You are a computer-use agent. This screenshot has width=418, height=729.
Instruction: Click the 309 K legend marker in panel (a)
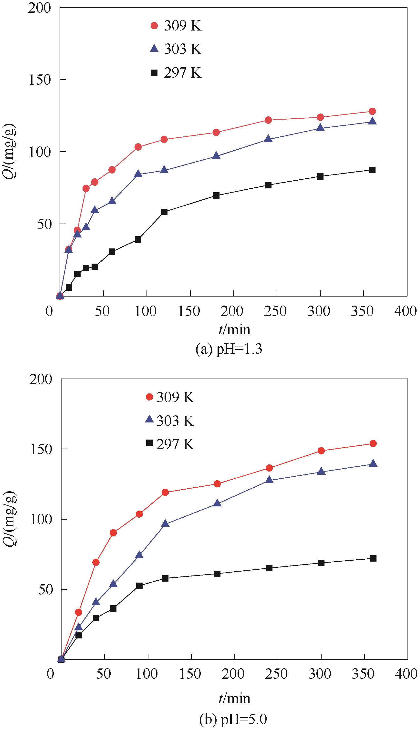[x=155, y=26]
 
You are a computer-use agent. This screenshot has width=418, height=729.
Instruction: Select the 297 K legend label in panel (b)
[x=175, y=444]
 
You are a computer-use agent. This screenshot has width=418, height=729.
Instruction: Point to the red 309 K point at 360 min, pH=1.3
[x=372, y=111]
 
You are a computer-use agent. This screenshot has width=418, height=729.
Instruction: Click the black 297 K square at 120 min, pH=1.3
[x=164, y=212]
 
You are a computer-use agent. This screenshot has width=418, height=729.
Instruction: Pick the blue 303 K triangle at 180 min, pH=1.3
[x=217, y=156]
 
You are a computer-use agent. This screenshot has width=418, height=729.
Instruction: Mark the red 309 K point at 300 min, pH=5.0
[x=321, y=451]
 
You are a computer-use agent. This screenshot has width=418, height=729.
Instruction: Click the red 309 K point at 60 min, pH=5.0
[x=113, y=533]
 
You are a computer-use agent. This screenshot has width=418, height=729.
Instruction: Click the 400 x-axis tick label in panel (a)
[x=405, y=311]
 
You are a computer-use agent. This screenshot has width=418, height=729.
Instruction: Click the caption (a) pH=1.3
[x=229, y=349]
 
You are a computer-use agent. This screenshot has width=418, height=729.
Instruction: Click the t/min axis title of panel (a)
[x=234, y=330]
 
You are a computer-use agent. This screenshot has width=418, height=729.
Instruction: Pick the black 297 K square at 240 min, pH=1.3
[x=268, y=185]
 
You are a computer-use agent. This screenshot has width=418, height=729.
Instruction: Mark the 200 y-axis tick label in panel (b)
[x=41, y=379]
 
